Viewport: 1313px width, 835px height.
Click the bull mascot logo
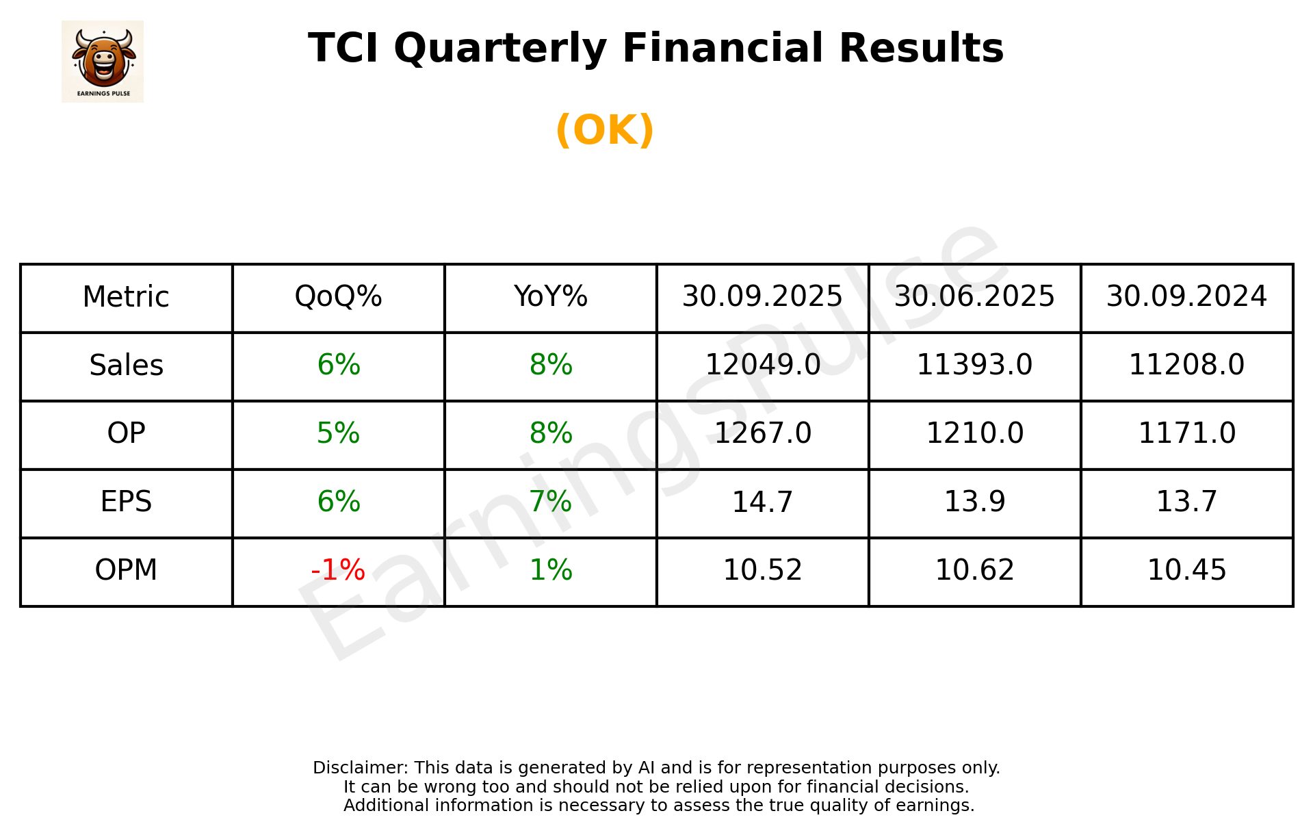[103, 61]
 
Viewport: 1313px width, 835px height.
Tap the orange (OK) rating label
[605, 130]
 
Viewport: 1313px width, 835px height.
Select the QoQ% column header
[338, 297]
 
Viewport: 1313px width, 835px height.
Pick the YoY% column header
[550, 297]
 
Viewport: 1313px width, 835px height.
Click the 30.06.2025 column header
[974, 297]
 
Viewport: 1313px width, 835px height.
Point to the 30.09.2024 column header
[1186, 297]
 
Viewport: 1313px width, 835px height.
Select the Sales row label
[127, 365]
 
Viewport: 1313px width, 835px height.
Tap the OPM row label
[127, 570]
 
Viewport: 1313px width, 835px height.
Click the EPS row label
[127, 502]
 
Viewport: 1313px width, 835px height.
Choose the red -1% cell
[338, 570]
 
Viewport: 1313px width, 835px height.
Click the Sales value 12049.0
[762, 365]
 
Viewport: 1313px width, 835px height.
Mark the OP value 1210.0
[974, 433]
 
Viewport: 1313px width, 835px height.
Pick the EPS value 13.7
[1186, 502]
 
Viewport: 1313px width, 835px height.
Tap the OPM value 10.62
[974, 570]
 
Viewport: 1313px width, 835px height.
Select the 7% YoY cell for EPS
[550, 502]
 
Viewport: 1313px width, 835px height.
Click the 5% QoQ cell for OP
[338, 433]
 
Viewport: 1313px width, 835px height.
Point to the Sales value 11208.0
[1186, 365]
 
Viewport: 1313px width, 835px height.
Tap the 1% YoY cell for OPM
[550, 570]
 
